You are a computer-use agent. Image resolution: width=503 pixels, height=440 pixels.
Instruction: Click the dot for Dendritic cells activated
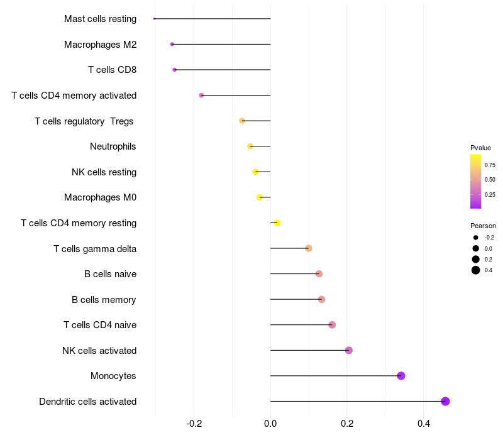[x=445, y=402]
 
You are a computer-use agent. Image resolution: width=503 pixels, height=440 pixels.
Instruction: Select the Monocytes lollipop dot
[x=401, y=376]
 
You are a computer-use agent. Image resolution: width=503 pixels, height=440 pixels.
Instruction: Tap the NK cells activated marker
[x=349, y=350]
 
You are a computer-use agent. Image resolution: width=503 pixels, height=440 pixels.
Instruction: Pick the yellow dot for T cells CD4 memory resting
[x=277, y=223]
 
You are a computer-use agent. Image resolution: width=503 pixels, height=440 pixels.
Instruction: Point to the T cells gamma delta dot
[x=308, y=248]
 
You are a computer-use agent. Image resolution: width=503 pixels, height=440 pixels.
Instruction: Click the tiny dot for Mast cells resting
[x=154, y=19]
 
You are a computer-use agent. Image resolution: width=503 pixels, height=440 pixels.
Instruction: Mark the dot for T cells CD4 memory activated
[x=201, y=95]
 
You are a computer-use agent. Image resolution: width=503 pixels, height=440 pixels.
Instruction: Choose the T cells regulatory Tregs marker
[x=242, y=121]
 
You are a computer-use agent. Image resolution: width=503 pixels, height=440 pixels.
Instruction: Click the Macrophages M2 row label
[x=100, y=45]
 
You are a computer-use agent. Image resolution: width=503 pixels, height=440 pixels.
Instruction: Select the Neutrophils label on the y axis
[x=113, y=146]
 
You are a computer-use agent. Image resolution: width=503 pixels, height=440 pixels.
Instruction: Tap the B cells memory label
[x=104, y=299]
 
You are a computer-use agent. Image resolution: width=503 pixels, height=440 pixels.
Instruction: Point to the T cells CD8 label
[x=112, y=70]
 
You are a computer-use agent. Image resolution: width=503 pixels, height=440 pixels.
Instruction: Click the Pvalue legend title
[x=480, y=147]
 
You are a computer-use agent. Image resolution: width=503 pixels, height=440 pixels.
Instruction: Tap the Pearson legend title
[x=483, y=226]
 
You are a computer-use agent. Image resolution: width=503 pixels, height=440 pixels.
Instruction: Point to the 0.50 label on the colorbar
[x=490, y=180]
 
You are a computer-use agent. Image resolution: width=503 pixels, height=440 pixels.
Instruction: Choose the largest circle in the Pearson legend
[x=476, y=270]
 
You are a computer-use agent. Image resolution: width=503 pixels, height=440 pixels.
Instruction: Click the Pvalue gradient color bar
[x=476, y=181]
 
